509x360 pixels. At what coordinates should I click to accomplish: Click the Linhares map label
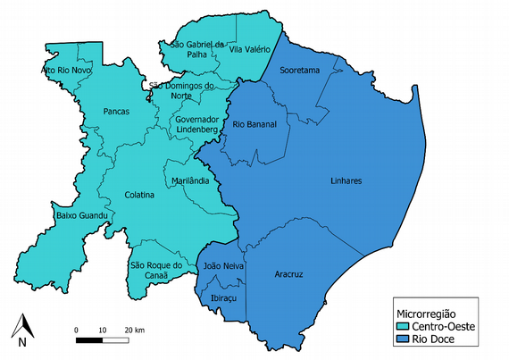coord(346,180)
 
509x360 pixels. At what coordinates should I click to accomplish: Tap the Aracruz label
coord(288,274)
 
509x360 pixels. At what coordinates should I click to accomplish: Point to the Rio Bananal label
coord(254,124)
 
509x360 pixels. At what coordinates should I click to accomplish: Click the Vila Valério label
coord(249,50)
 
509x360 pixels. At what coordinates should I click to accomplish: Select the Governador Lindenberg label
coord(197,124)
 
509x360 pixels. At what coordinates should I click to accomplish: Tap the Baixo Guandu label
coord(82,216)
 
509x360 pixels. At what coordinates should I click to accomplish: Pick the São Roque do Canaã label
coord(156,271)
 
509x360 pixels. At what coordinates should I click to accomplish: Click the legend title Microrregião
coord(426,314)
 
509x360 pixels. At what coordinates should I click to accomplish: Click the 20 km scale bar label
coord(134,331)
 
